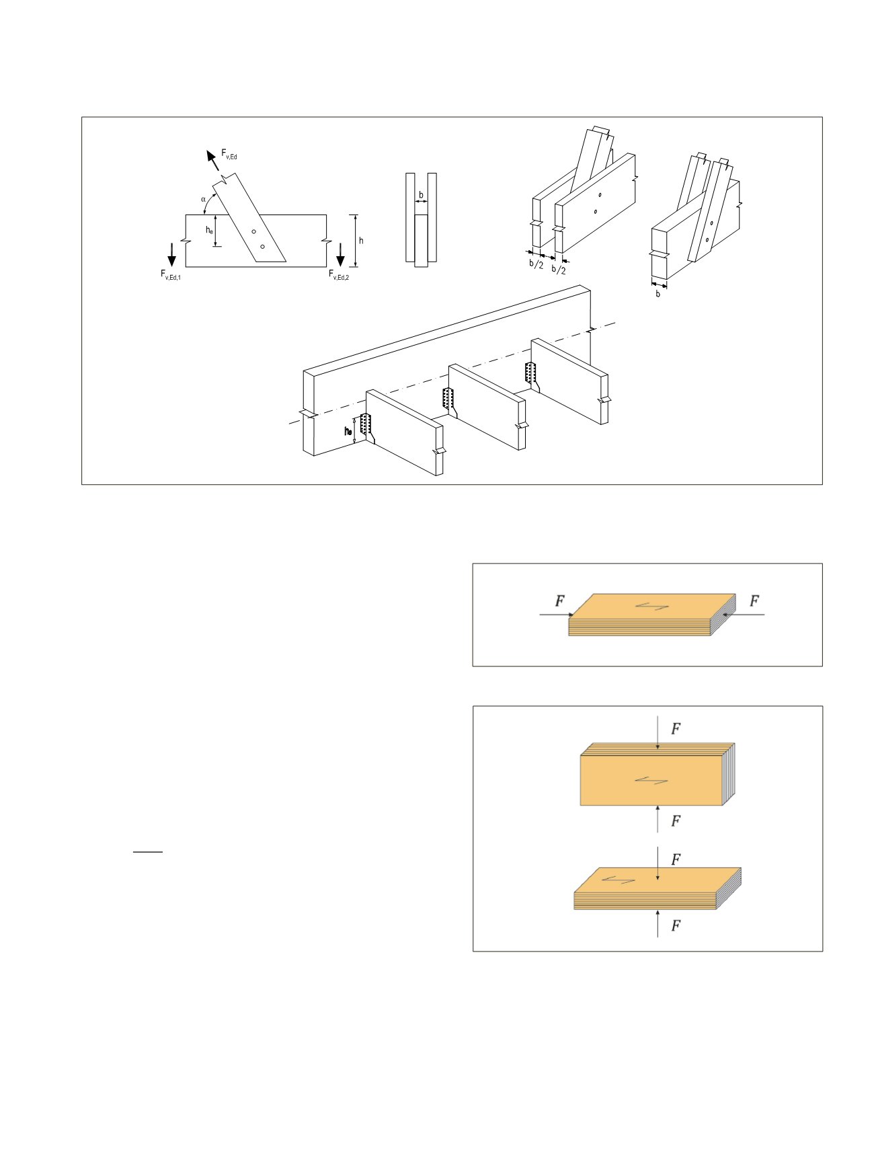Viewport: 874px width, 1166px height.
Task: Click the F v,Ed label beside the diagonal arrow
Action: pos(229,155)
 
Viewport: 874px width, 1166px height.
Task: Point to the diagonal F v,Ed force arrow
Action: pos(213,161)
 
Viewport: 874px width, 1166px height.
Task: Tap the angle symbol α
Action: pos(203,199)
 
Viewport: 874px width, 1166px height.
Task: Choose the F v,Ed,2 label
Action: pos(339,274)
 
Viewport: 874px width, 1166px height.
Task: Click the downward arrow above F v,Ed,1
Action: pos(172,254)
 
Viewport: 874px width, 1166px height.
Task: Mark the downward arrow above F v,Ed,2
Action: pos(341,254)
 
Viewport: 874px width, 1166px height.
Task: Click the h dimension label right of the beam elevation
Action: pos(361,241)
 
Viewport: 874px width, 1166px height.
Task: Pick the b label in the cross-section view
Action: pos(422,195)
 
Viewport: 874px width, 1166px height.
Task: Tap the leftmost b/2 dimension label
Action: pos(536,264)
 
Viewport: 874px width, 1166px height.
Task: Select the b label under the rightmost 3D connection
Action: pos(658,294)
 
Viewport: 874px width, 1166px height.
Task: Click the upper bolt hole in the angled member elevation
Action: pos(253,232)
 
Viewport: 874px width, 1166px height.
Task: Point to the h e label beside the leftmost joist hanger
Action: pos(348,431)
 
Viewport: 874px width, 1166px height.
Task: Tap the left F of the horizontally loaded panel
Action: pos(559,601)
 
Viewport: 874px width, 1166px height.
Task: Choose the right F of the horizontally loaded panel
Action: pos(754,601)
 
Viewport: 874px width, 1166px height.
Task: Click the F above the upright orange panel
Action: pos(676,728)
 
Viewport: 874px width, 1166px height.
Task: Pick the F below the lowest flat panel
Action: pos(676,926)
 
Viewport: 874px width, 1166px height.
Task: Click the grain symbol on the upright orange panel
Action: pos(651,780)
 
